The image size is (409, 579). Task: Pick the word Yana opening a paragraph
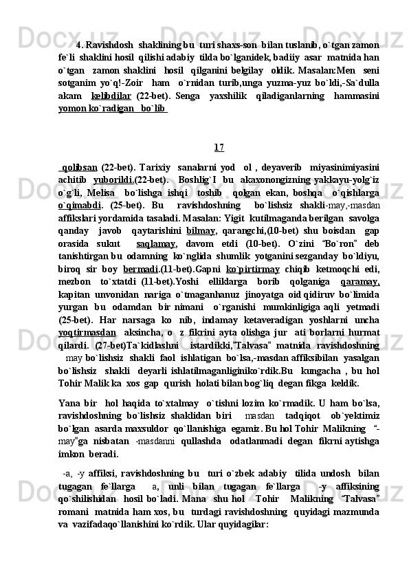(69, 403)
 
